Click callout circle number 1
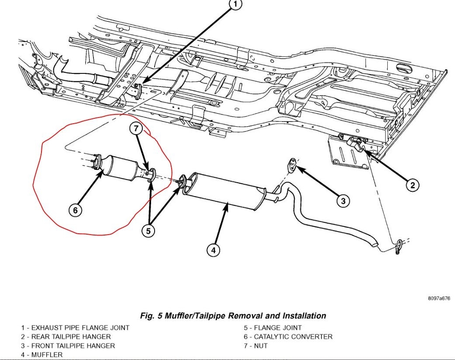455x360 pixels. [235, 5]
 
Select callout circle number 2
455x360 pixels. [412, 185]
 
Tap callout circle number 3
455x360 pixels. [343, 201]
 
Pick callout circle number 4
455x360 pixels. [213, 250]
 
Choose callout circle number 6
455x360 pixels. [75, 210]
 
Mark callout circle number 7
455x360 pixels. [136, 128]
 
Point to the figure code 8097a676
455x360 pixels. [438, 298]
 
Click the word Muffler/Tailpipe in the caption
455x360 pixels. [196, 315]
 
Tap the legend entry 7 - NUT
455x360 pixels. [256, 346]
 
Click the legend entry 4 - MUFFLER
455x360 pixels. [42, 355]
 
